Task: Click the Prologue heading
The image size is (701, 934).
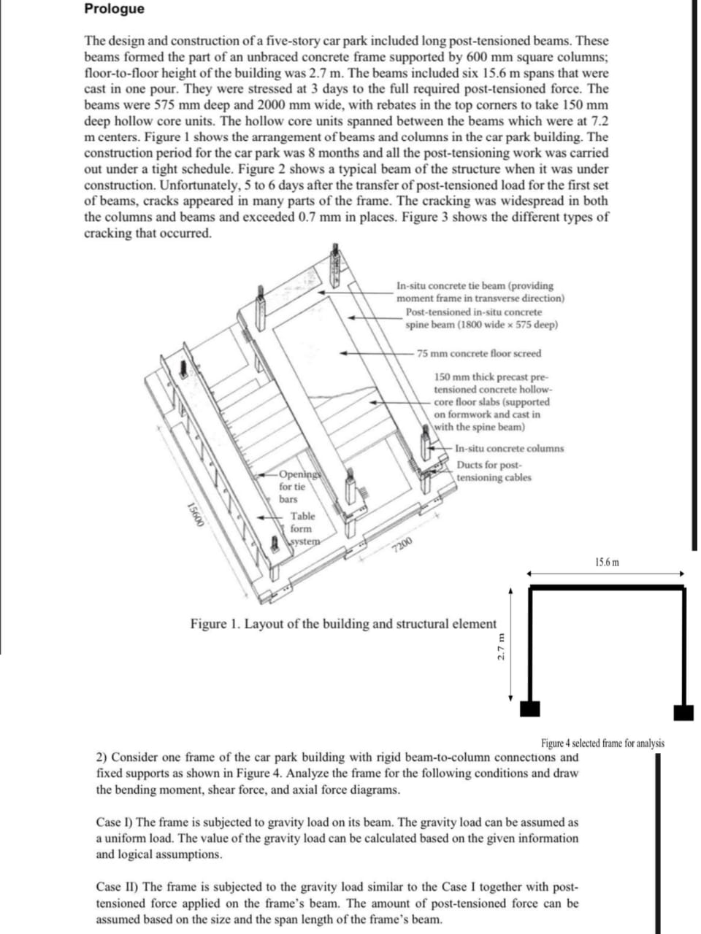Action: [114, 9]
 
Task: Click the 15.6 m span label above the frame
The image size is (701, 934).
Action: [607, 562]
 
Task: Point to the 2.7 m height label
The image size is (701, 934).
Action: [502, 647]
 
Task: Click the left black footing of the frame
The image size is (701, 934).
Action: [530, 709]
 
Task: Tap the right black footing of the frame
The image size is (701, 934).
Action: [683, 713]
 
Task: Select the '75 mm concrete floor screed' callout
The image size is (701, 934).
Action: [479, 354]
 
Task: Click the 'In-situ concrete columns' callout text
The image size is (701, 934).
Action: [510, 449]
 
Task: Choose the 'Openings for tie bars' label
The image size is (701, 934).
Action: [298, 487]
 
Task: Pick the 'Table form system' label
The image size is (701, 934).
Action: [304, 529]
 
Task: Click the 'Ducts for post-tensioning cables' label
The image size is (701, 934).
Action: [494, 471]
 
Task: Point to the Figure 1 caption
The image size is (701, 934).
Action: [343, 624]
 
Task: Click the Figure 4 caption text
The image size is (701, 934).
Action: [602, 744]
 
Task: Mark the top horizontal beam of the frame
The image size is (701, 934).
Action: [607, 587]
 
